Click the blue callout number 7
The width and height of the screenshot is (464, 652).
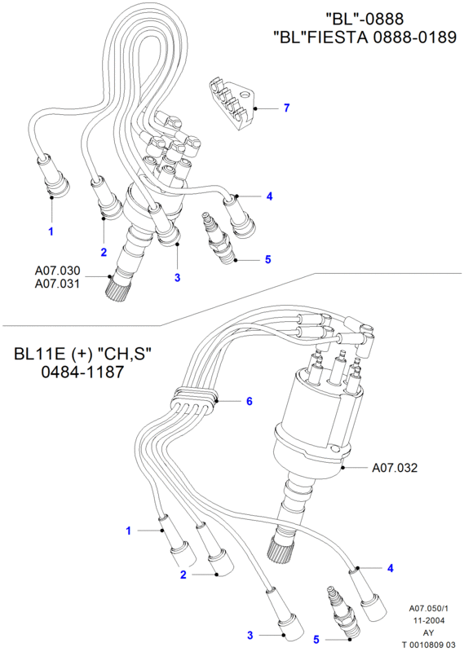click(x=286, y=108)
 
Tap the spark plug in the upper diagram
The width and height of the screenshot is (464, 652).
click(x=218, y=239)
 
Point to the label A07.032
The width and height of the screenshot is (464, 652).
click(x=394, y=468)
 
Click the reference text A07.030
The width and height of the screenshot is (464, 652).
click(x=57, y=271)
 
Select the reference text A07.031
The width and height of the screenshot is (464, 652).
click(x=57, y=284)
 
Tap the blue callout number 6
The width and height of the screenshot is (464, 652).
click(x=250, y=401)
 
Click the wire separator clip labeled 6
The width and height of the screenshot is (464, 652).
click(x=194, y=400)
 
